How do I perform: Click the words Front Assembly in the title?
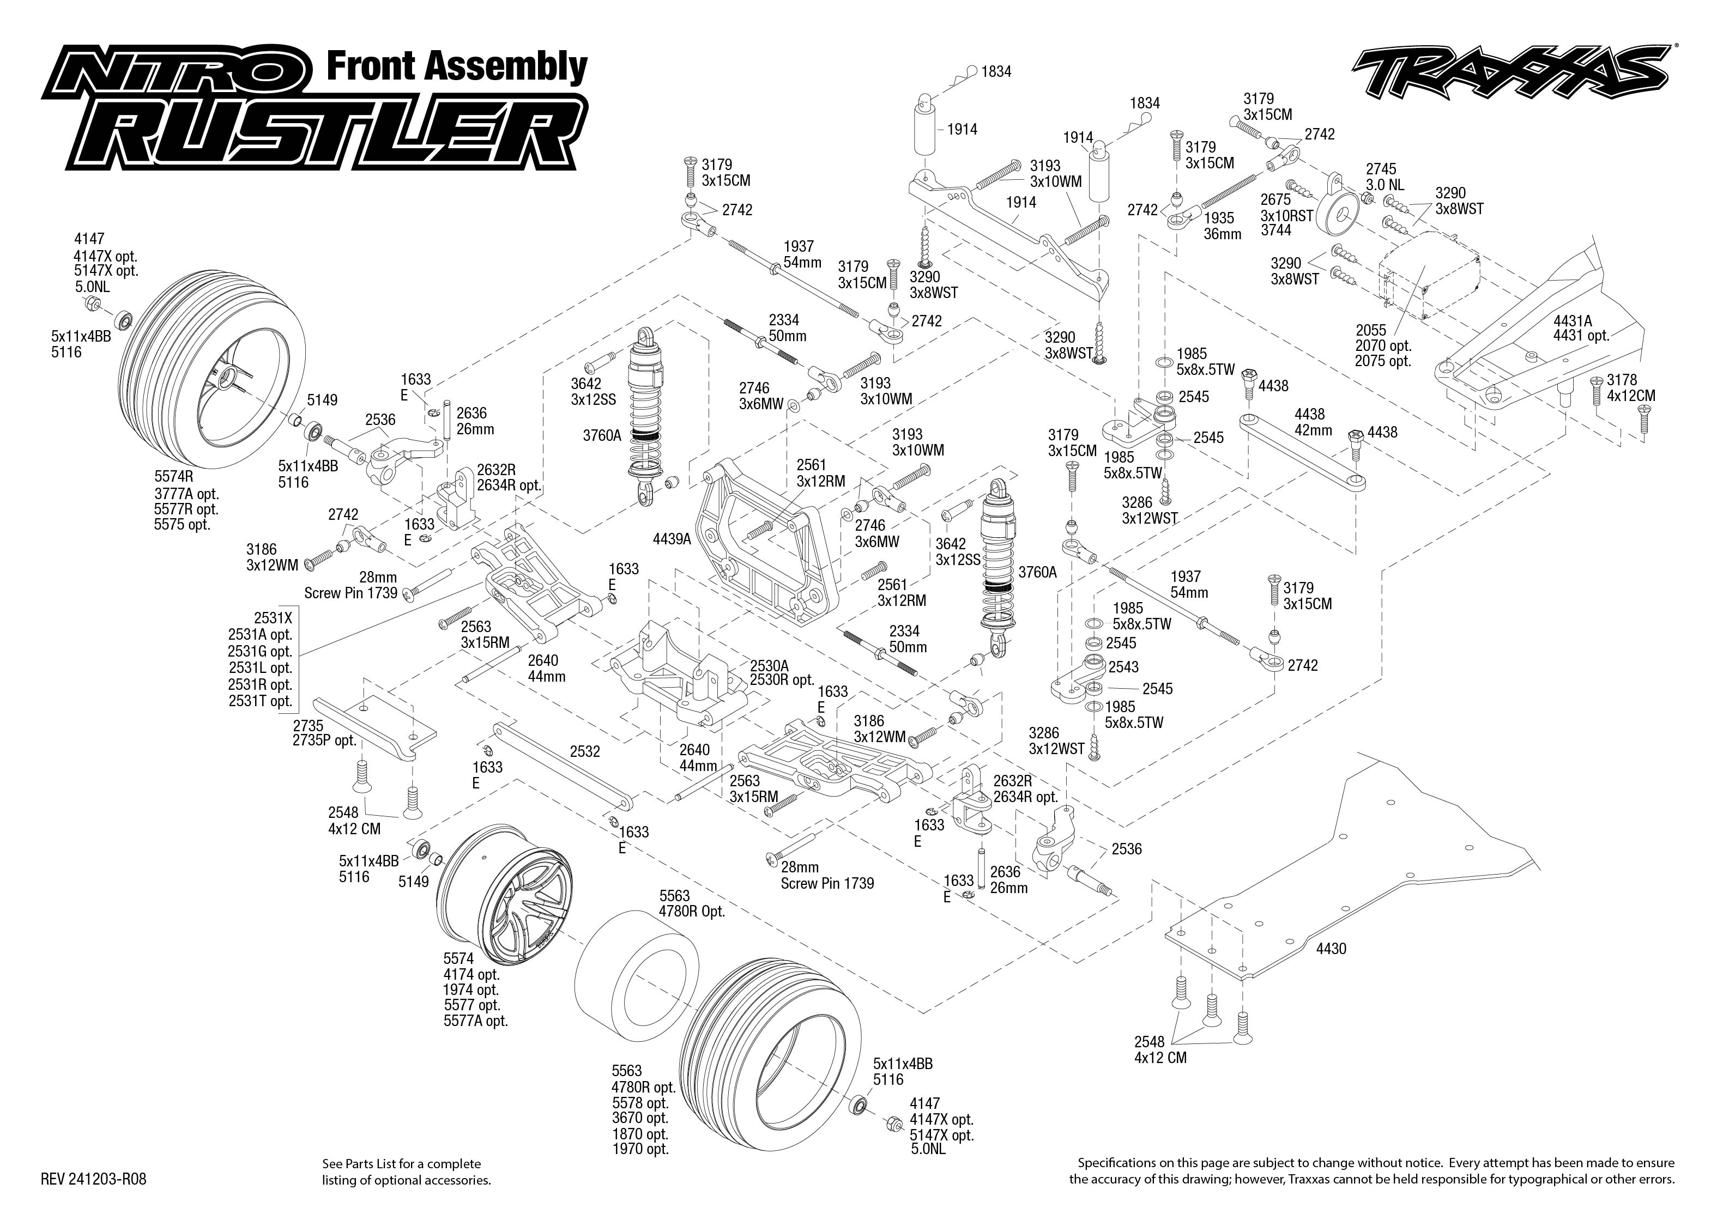pos(456,66)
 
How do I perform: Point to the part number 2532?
pos(585,752)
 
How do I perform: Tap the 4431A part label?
pos(1573,320)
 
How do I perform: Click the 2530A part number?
pos(770,665)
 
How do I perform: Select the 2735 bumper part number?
pos(308,725)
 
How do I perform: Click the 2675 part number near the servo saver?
pos(1276,200)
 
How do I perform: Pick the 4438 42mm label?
pos(1313,422)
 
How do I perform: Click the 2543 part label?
pos(1123,667)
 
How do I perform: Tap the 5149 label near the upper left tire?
pos(322,400)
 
